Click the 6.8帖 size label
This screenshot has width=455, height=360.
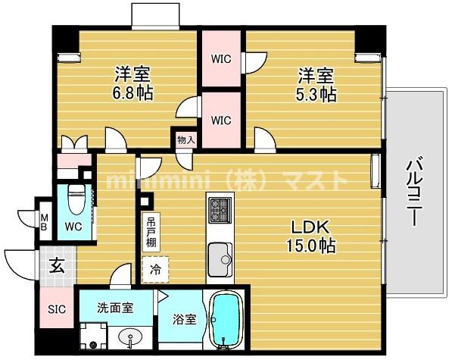point(132,94)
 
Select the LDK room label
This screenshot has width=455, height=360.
point(309,227)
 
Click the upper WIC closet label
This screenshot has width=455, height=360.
point(221,59)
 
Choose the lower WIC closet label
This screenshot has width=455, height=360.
point(221,120)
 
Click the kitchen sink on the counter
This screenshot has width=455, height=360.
point(220,253)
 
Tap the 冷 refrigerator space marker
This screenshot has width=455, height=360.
point(156,268)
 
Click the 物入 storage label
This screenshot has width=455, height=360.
point(185,139)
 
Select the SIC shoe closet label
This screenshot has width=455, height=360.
point(56,310)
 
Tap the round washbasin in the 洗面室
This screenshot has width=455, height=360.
point(126,336)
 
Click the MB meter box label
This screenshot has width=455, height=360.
point(45,221)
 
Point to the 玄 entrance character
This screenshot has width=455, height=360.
point(57,265)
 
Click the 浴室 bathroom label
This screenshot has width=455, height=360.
point(185,319)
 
